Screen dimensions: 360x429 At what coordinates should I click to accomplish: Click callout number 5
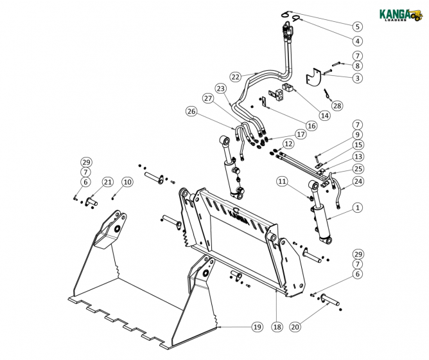(x=357, y=26)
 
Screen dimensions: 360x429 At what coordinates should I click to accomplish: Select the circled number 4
(x=357, y=40)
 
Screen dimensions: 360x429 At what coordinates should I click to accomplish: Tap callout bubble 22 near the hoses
(x=236, y=76)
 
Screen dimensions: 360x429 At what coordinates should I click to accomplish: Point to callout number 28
(x=337, y=105)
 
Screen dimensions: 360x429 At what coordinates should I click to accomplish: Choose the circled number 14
(x=324, y=116)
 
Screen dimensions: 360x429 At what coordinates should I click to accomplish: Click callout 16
(x=311, y=126)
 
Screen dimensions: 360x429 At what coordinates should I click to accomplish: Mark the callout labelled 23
(x=220, y=88)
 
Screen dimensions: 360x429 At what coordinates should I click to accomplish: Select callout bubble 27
(x=207, y=98)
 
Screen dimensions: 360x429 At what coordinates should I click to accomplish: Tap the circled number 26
(x=190, y=111)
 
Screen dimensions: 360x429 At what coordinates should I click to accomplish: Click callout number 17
(x=301, y=134)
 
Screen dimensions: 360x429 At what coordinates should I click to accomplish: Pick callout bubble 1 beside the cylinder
(x=357, y=208)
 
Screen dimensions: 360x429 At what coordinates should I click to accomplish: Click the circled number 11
(x=283, y=182)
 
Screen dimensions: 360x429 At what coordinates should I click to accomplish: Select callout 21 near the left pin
(x=107, y=182)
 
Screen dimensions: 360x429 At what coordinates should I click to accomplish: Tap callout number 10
(x=127, y=182)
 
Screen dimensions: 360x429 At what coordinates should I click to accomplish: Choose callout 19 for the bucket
(x=257, y=327)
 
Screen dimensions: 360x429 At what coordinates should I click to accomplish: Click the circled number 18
(x=277, y=327)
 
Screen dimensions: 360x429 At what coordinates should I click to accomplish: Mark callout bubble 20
(x=295, y=327)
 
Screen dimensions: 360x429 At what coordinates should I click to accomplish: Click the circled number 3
(x=357, y=78)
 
